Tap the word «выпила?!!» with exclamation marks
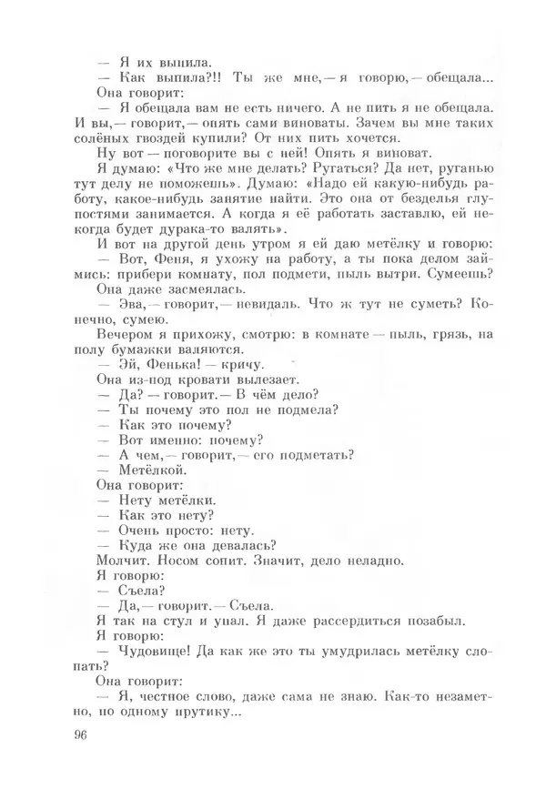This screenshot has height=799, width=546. pyautogui.click(x=182, y=78)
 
